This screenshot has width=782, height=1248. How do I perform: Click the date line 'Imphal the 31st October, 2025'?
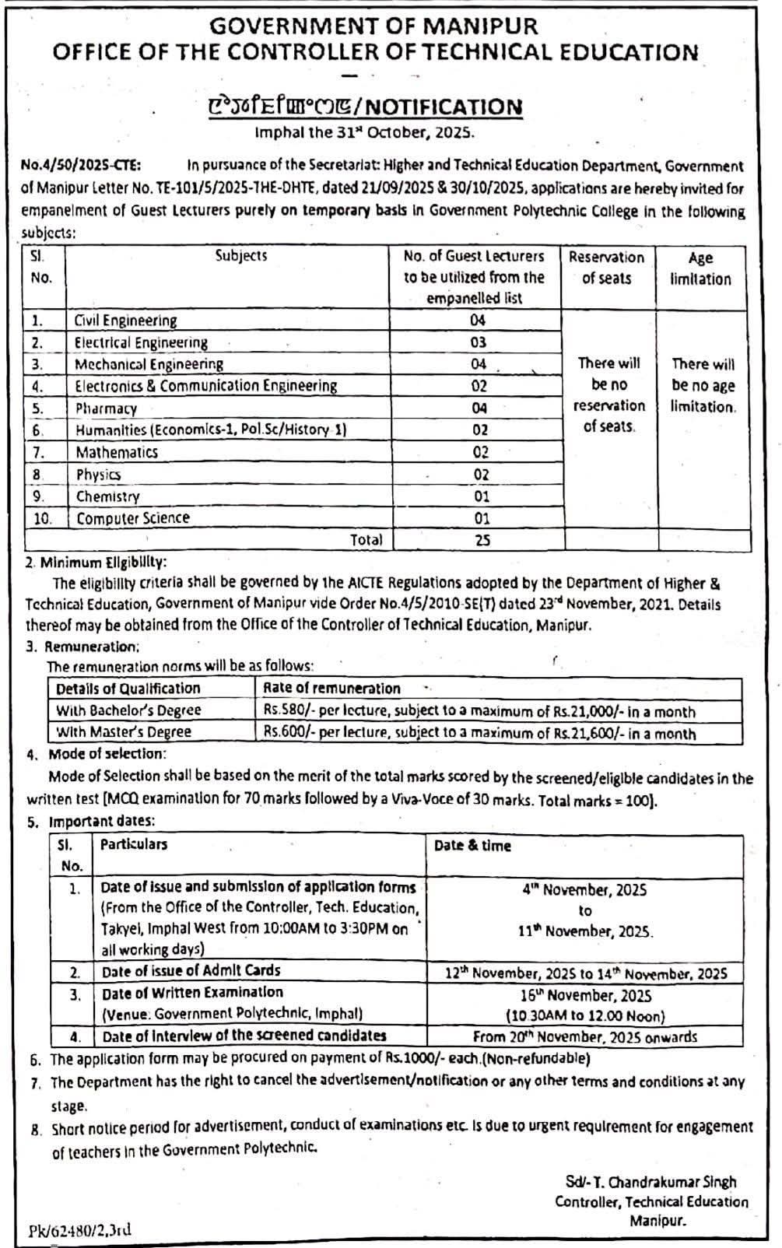pos(364,132)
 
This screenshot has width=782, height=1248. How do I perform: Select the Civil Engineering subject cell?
pos(125,321)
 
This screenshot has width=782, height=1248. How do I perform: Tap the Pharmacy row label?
pos(106,408)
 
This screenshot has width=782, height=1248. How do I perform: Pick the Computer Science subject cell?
pos(133,518)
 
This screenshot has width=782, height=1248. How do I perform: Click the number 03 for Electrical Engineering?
pos(478,342)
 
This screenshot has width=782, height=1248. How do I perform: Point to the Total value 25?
pos(482,540)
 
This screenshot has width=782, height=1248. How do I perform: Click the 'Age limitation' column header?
pos(700,268)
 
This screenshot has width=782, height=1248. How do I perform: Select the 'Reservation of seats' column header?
pos(606,268)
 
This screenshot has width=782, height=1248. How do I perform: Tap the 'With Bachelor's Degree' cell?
pos(128,710)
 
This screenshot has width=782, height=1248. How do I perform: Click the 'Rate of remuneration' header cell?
pos(331,689)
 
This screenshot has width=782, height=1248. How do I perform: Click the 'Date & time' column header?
pos(472,847)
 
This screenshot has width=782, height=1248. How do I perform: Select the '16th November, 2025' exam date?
pos(585,995)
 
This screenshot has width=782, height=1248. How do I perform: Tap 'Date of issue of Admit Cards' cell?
pos(191,971)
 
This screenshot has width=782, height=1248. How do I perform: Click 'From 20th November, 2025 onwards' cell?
pos(585,1036)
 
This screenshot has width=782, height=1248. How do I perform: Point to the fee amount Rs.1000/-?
pos(408,1059)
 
